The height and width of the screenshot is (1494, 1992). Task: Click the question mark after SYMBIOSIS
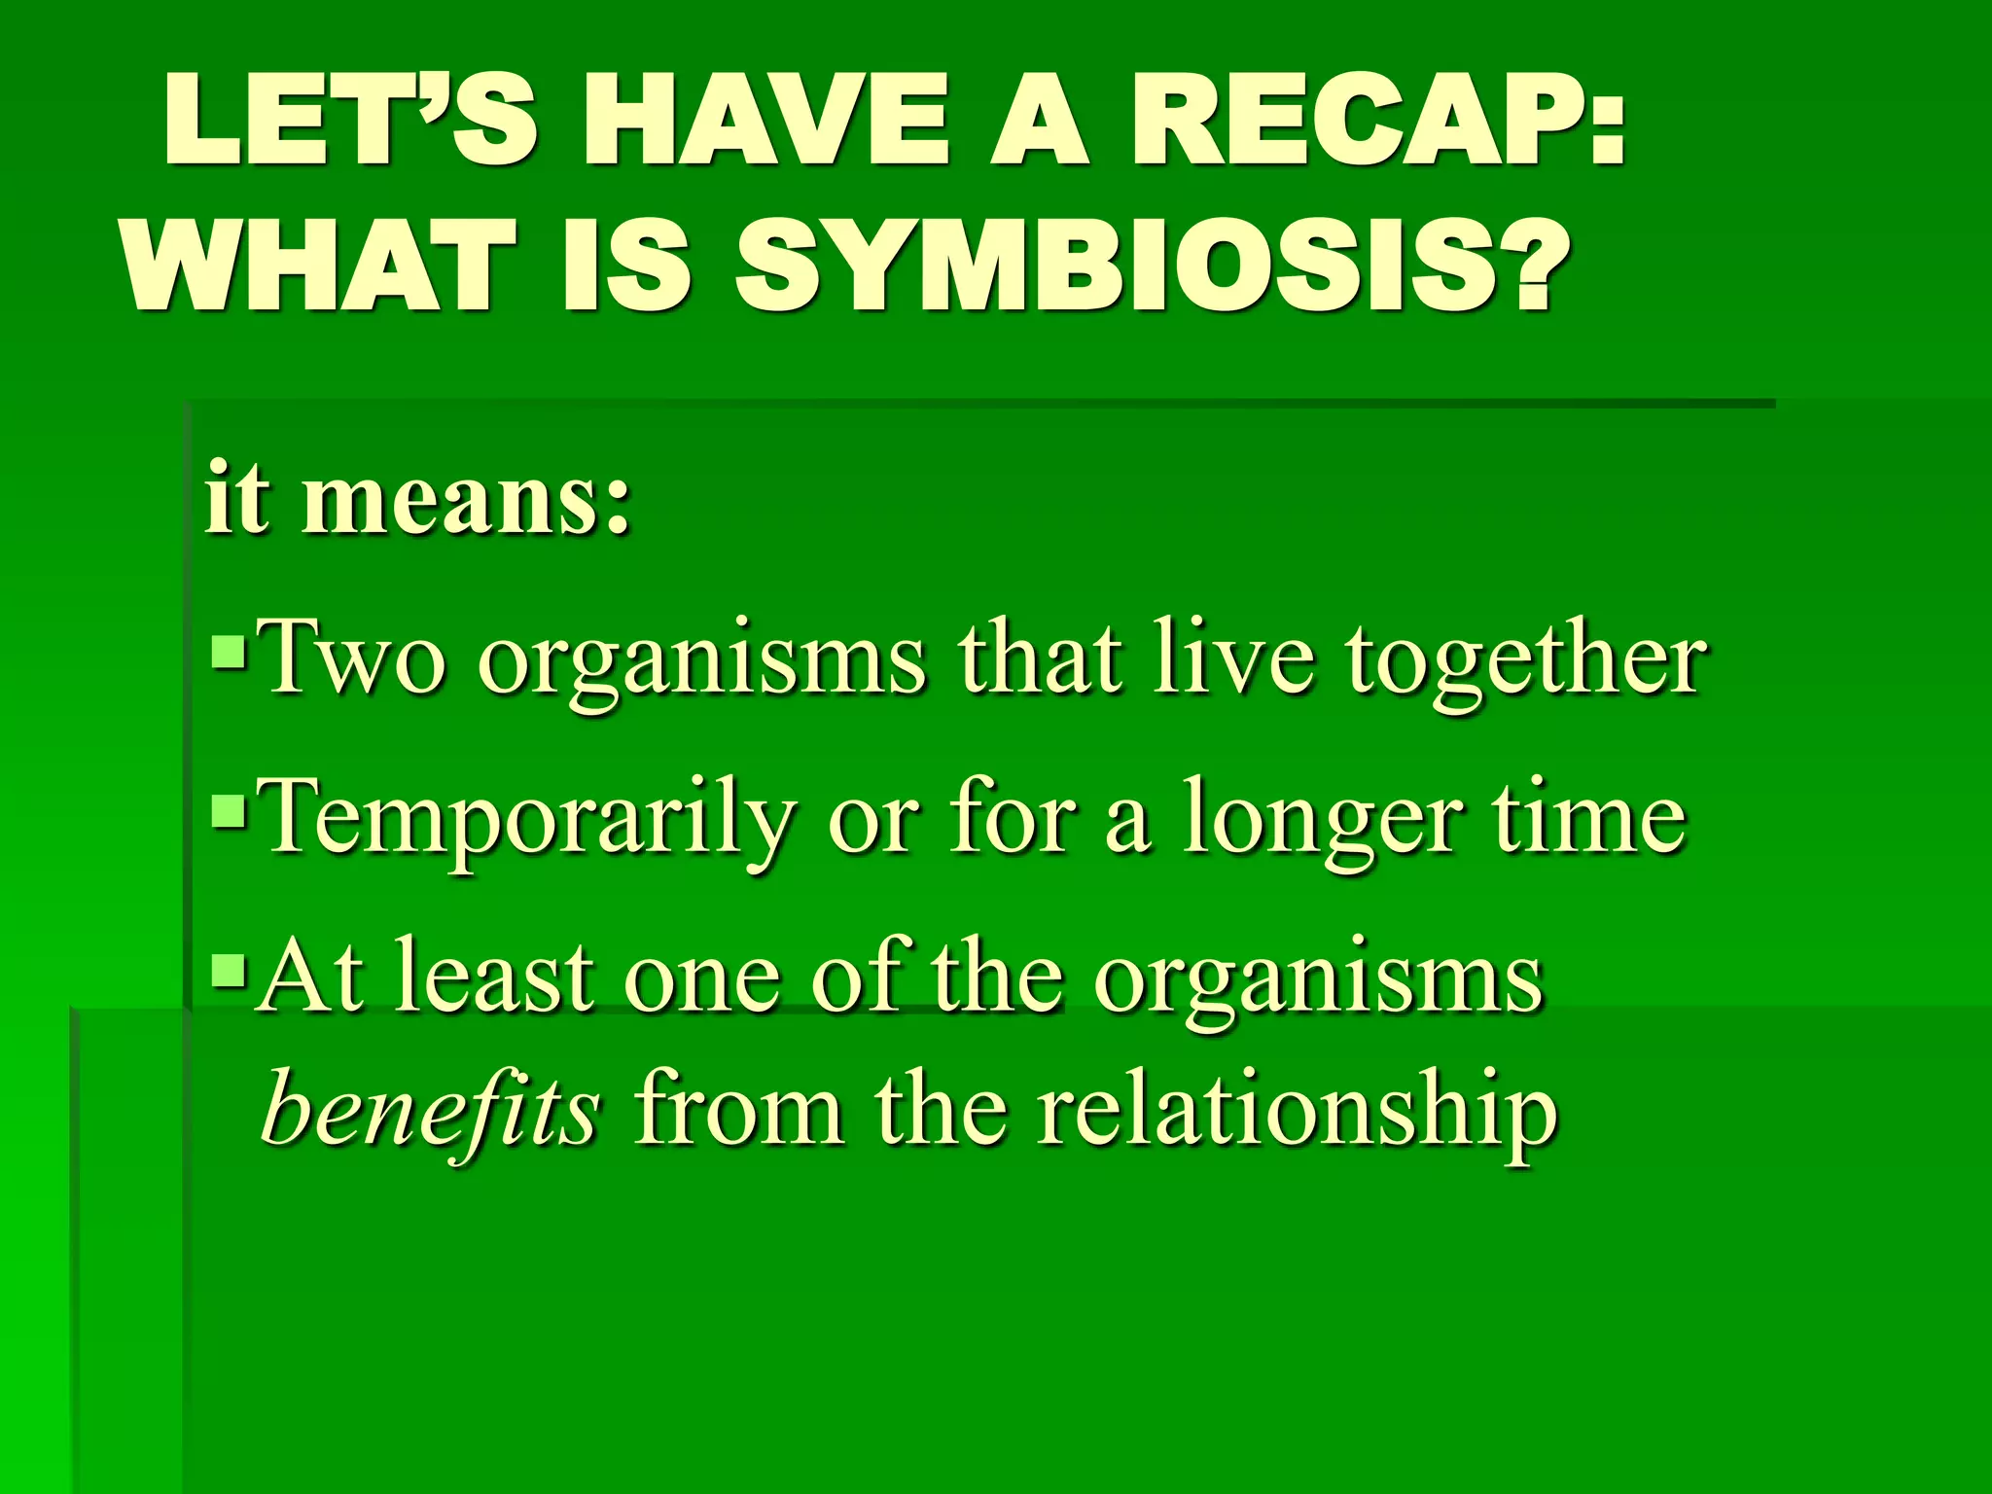pyautogui.click(x=1528, y=265)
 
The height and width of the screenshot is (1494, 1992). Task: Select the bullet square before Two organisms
pyautogui.click(x=230, y=653)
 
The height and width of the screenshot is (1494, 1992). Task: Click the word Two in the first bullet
pyautogui.click(x=355, y=659)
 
